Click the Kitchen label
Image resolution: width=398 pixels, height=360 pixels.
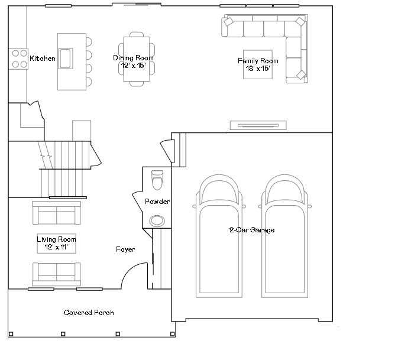(43, 59)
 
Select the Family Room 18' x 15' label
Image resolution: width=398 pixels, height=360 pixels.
(257, 64)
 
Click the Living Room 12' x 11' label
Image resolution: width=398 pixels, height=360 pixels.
(56, 243)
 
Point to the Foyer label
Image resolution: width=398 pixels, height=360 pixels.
(125, 249)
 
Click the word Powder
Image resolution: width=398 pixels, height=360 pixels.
(157, 202)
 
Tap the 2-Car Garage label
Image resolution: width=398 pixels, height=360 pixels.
(251, 229)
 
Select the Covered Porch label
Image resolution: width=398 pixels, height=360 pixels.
(89, 312)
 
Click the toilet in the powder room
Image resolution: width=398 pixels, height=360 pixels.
(157, 180)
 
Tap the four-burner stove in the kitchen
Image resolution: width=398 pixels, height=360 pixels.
(18, 58)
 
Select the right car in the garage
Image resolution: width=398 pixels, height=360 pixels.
(285, 236)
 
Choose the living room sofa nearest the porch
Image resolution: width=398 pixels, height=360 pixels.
(56, 273)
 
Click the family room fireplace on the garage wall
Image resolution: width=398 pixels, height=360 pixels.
(258, 125)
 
